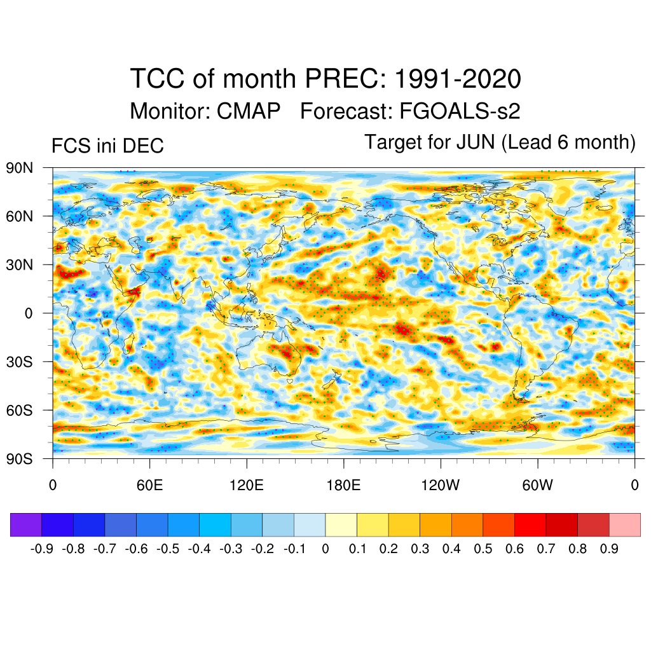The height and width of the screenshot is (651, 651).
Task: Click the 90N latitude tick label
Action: (19, 168)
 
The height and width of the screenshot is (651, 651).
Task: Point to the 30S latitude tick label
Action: (19, 362)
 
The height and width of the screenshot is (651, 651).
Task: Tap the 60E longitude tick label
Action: (149, 486)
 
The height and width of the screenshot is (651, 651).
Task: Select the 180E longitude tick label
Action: (343, 486)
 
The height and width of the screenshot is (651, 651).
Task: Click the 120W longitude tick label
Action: (440, 486)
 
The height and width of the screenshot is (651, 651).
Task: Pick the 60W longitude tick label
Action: (537, 486)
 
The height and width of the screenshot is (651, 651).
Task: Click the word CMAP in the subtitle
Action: (249, 111)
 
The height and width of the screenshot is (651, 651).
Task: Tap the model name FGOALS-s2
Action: (460, 111)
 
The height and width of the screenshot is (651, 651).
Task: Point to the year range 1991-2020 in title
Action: (458, 79)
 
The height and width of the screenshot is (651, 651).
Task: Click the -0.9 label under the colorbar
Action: (42, 549)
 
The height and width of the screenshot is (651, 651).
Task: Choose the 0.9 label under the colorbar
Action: (609, 549)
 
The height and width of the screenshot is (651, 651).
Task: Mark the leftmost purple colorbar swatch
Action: (26, 524)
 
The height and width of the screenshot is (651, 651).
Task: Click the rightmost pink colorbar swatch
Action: (624, 524)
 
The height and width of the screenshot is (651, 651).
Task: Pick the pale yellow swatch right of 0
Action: (341, 524)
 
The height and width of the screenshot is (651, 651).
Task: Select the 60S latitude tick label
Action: (19, 410)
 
